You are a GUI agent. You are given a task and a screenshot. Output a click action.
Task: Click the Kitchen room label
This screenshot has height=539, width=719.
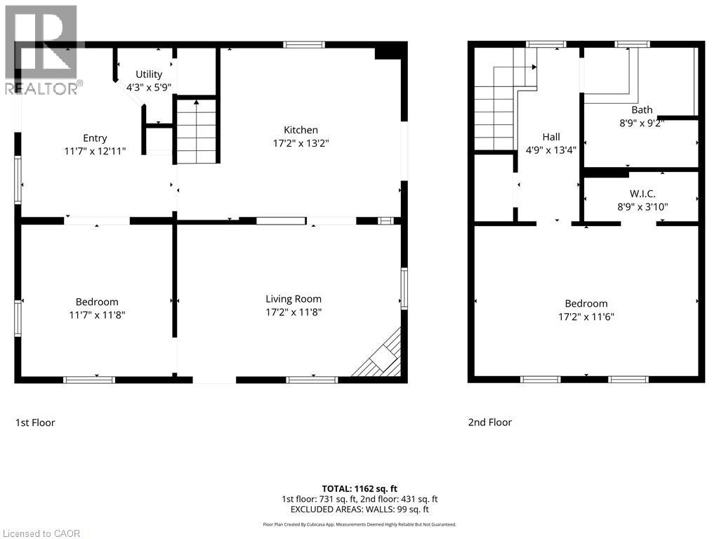pyautogui.click(x=301, y=130)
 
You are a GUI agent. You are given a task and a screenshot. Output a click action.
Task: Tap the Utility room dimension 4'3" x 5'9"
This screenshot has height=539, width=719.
pyautogui.click(x=149, y=88)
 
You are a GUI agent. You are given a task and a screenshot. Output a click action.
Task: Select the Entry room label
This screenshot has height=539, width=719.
pyautogui.click(x=95, y=138)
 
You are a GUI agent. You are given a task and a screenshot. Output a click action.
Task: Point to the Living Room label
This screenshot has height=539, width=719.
pyautogui.click(x=293, y=299)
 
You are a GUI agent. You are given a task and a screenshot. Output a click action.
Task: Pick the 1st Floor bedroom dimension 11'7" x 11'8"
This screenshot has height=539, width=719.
pyautogui.click(x=97, y=315)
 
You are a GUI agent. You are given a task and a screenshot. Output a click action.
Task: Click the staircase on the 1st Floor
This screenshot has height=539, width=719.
pyautogui.click(x=196, y=132)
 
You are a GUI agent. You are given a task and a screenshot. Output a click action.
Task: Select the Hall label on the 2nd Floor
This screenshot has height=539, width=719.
pyautogui.click(x=551, y=137)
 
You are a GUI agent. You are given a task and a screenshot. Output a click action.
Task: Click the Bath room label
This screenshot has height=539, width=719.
pyautogui.click(x=642, y=109)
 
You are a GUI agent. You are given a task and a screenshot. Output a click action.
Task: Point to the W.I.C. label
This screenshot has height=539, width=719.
pyautogui.click(x=642, y=193)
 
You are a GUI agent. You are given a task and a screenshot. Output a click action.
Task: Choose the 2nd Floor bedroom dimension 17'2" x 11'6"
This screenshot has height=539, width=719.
pyautogui.click(x=586, y=317)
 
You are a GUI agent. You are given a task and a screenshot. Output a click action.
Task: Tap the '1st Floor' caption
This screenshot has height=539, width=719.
pyautogui.click(x=35, y=422)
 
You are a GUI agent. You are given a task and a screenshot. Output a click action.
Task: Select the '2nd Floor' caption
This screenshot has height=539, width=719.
pyautogui.click(x=490, y=422)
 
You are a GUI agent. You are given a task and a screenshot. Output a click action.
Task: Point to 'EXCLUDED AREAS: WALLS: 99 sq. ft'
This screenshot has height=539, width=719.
pyautogui.click(x=359, y=510)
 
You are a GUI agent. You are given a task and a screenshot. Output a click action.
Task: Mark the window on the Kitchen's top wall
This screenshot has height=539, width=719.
pyautogui.click(x=304, y=45)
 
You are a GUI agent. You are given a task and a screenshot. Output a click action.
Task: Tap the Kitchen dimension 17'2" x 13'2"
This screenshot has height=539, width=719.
pyautogui.click(x=301, y=143)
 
